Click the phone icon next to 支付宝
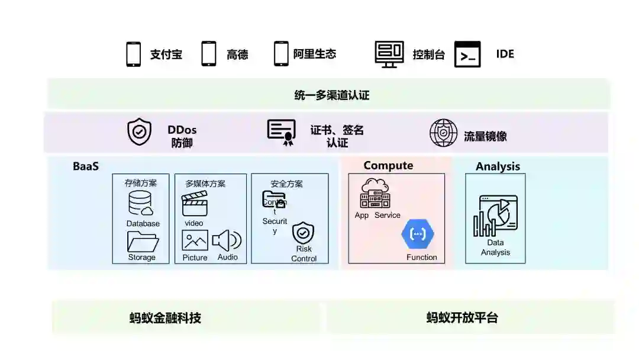(134, 54)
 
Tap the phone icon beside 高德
(209, 54)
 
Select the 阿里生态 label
(315, 54)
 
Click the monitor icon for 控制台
(389, 54)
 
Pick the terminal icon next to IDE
(467, 54)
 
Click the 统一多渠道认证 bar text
(332, 95)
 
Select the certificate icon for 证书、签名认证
(281, 132)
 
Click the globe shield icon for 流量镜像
(443, 133)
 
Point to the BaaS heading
(86, 166)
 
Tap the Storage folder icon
(143, 242)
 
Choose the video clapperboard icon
(195, 205)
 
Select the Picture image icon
(195, 240)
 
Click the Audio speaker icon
(227, 240)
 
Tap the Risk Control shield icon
(304, 233)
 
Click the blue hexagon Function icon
(418, 234)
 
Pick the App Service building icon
(375, 193)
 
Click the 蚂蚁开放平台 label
(462, 318)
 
